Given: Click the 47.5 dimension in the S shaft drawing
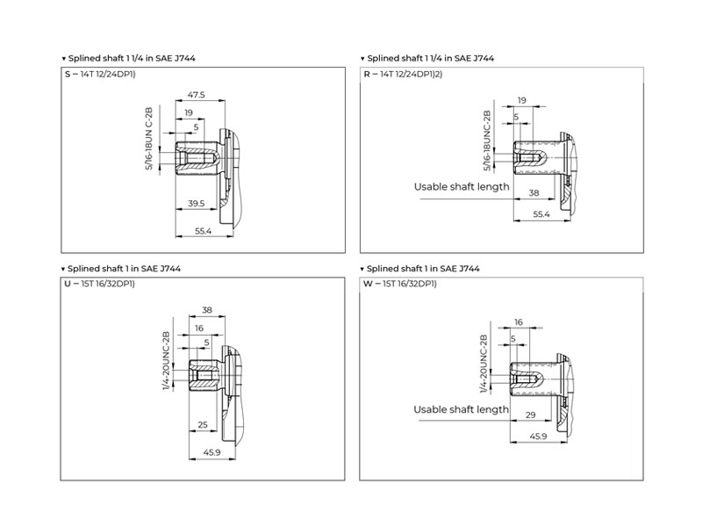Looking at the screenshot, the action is [x=196, y=95].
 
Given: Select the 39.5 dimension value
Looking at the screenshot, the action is [x=196, y=204].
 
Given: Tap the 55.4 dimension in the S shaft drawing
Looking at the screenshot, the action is [x=204, y=231].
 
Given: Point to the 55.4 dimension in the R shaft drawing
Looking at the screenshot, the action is [x=541, y=214].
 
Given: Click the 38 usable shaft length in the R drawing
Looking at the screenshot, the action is [x=534, y=192].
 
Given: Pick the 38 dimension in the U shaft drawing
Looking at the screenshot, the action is [x=207, y=310].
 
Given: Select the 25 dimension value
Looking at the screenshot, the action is [x=203, y=424].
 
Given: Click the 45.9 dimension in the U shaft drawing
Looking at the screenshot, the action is [x=211, y=452].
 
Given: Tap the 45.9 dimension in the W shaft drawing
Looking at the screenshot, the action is [x=538, y=436].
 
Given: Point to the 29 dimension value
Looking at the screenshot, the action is [x=531, y=415].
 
